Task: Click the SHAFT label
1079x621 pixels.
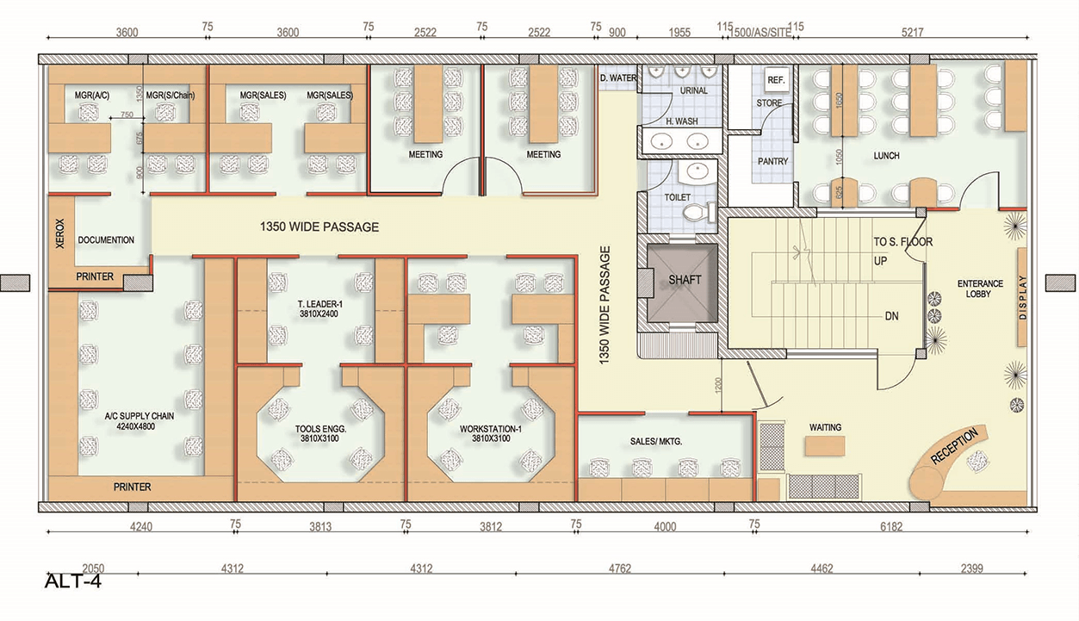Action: click(x=685, y=280)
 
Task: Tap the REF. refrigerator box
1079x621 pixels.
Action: click(x=777, y=79)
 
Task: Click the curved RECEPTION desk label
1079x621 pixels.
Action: click(x=954, y=445)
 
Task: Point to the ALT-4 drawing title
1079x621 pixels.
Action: click(x=72, y=581)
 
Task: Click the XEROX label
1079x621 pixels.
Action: click(x=59, y=233)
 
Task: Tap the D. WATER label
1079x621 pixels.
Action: click(x=618, y=78)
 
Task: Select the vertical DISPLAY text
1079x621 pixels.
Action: click(x=1023, y=297)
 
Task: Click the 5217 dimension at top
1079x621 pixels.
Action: click(x=912, y=32)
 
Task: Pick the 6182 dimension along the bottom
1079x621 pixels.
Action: click(x=891, y=526)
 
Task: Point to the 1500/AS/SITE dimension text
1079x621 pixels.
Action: click(x=760, y=33)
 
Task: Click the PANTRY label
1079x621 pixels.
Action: click(x=772, y=161)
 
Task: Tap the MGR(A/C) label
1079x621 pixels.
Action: click(x=91, y=96)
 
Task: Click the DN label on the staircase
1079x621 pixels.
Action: click(x=891, y=316)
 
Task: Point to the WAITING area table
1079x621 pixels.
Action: click(x=825, y=445)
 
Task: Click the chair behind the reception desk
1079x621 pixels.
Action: click(x=977, y=461)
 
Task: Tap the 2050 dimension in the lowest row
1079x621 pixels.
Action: click(x=93, y=568)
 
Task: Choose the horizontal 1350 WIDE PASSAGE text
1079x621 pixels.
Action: click(x=319, y=227)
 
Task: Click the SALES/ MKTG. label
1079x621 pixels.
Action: click(x=656, y=441)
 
